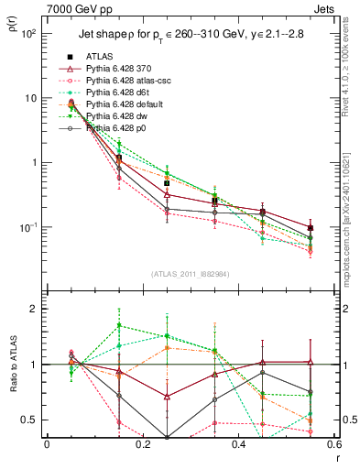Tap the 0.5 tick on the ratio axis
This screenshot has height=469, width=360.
click(x=29, y=420)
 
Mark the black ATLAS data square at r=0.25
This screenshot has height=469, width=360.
click(x=167, y=182)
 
